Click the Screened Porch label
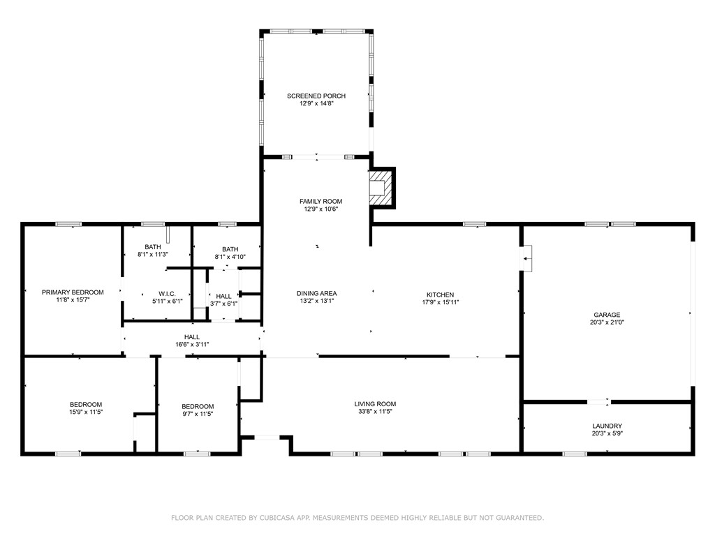pos(316,96)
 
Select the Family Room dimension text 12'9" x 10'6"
pos(321,209)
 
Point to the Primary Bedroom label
pos(73,292)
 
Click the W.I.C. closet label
pos(167,294)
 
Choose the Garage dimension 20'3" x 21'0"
pos(607,322)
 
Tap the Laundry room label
pos(607,426)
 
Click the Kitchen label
pos(440,295)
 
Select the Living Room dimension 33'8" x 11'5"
pos(375,412)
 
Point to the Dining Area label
pos(316,293)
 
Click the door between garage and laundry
pos(598,401)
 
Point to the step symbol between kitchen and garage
pos(527,258)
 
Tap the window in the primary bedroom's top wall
pos(68,224)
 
